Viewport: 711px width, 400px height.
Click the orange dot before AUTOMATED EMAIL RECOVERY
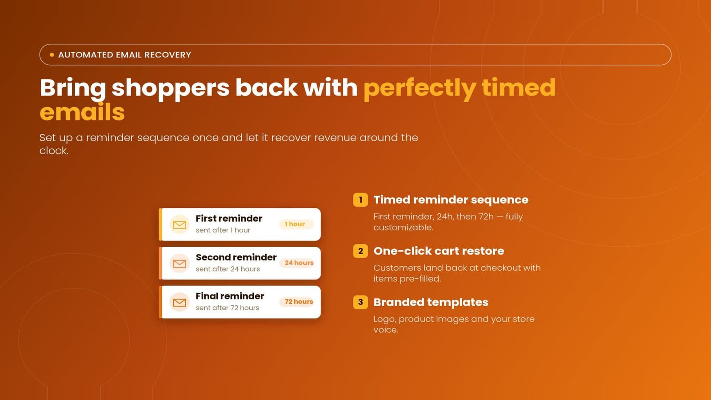click(52, 55)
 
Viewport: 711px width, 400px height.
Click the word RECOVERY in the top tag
click(168, 55)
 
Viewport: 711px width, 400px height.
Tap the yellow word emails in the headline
click(82, 112)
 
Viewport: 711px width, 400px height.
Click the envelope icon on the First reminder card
click(180, 225)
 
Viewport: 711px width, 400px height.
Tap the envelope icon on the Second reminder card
click(180, 264)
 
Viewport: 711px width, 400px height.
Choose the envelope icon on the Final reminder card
click(180, 302)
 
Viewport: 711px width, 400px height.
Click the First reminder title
click(229, 218)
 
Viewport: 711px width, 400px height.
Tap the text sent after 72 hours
click(227, 308)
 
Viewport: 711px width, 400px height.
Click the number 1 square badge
click(360, 200)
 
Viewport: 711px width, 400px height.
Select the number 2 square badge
click(360, 251)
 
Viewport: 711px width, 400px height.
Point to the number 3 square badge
click(360, 302)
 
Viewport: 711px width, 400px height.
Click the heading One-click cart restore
click(439, 251)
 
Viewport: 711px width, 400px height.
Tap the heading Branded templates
click(431, 302)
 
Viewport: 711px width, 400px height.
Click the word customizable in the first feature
click(403, 227)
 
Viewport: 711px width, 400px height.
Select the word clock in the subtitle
click(54, 151)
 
